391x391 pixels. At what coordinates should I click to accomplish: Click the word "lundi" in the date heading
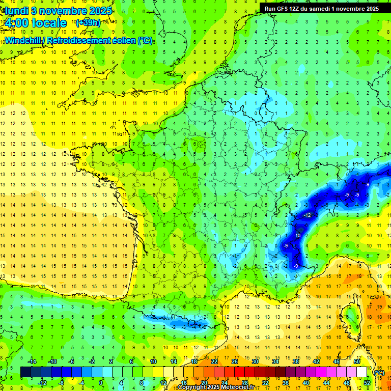coord(16,10)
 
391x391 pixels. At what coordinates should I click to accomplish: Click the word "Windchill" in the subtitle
coord(22,40)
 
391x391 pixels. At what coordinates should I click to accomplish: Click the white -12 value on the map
coord(307,215)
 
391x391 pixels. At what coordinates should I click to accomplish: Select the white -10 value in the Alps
coord(297,235)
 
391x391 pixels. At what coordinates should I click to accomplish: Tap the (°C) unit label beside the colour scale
coord(378,373)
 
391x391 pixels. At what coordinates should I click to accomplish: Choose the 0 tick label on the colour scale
coord(101,382)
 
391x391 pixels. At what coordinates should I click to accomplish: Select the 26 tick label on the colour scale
coord(235,361)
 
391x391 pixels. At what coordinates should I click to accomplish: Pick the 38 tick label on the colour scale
coord(295,361)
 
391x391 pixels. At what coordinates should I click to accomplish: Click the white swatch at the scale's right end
coord(361,372)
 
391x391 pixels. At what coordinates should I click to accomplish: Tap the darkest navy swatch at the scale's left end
coord(25,372)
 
